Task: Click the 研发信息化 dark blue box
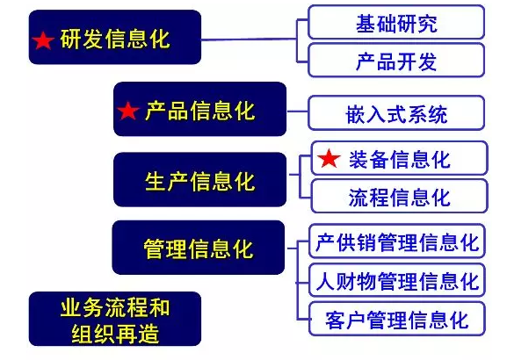point(115,37)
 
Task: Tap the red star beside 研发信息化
point(43,40)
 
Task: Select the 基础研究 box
point(396,22)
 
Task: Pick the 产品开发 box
point(396,60)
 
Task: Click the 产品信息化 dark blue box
point(199,109)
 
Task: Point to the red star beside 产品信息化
point(128,111)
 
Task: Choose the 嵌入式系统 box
point(396,112)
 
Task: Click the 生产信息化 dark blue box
point(199,179)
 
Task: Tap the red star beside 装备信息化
point(329,158)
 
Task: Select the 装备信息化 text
point(399,159)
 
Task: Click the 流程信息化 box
point(399,196)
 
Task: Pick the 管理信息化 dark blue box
point(199,248)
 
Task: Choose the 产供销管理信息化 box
point(397,241)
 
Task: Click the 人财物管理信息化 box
point(397,280)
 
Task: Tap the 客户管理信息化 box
point(397,319)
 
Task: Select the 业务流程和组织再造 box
point(115,319)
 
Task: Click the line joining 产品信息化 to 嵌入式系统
point(298,112)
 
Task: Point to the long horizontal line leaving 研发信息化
point(249,40)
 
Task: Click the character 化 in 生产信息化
point(245,181)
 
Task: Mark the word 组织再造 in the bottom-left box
point(115,333)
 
